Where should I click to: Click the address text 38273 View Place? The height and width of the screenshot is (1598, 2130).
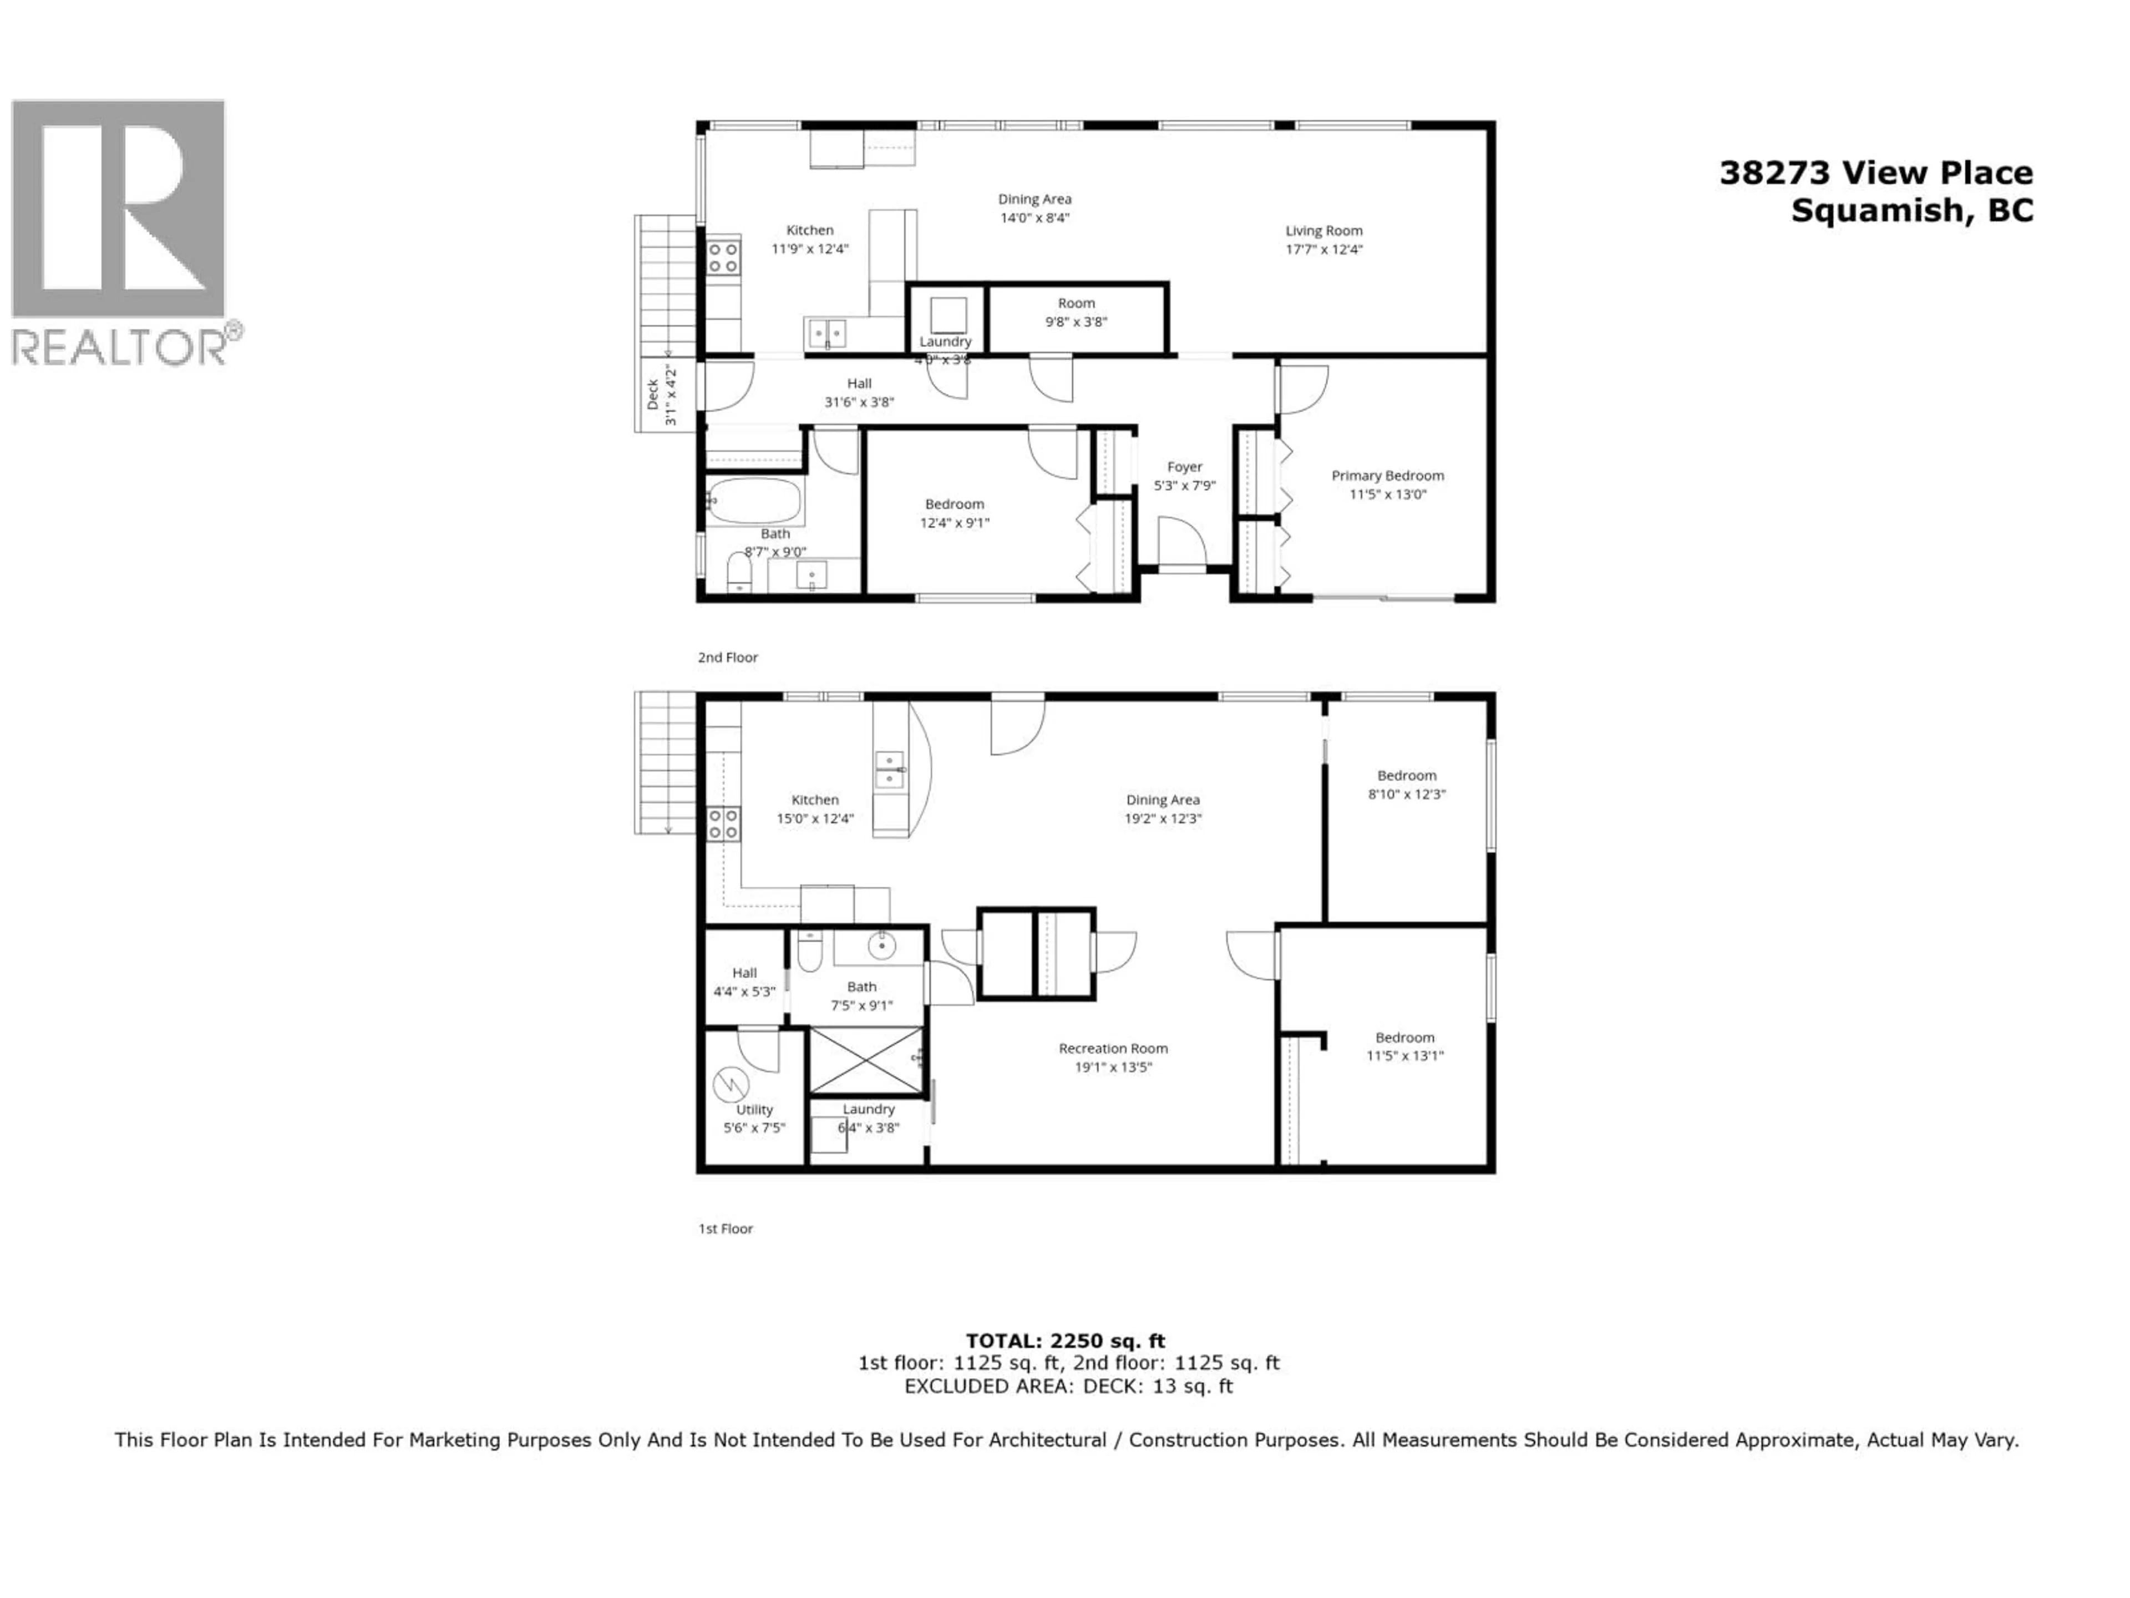point(1876,173)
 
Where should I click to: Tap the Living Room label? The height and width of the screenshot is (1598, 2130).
point(1324,231)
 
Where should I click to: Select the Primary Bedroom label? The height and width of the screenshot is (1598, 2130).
point(1388,476)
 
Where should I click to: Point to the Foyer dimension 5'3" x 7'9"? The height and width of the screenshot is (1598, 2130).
point(1184,486)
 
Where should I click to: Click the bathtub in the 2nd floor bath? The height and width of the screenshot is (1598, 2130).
point(754,501)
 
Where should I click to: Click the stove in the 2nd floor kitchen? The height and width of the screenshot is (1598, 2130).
point(723,258)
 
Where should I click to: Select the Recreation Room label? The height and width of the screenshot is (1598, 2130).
point(1113,1048)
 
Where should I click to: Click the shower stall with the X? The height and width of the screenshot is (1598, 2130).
point(866,1060)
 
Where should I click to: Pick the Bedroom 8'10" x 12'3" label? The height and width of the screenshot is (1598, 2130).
point(1406,776)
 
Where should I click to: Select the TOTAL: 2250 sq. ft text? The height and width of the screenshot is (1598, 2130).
point(1065,1341)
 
